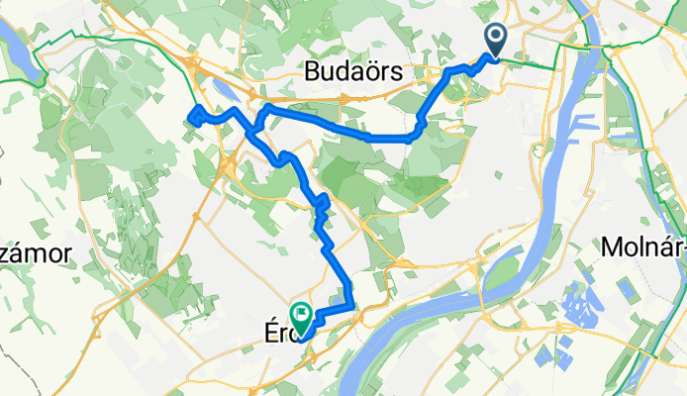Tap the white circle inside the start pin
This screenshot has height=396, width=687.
(494, 37)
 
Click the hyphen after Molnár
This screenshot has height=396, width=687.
(682, 247)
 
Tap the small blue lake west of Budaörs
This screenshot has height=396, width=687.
(224, 91)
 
